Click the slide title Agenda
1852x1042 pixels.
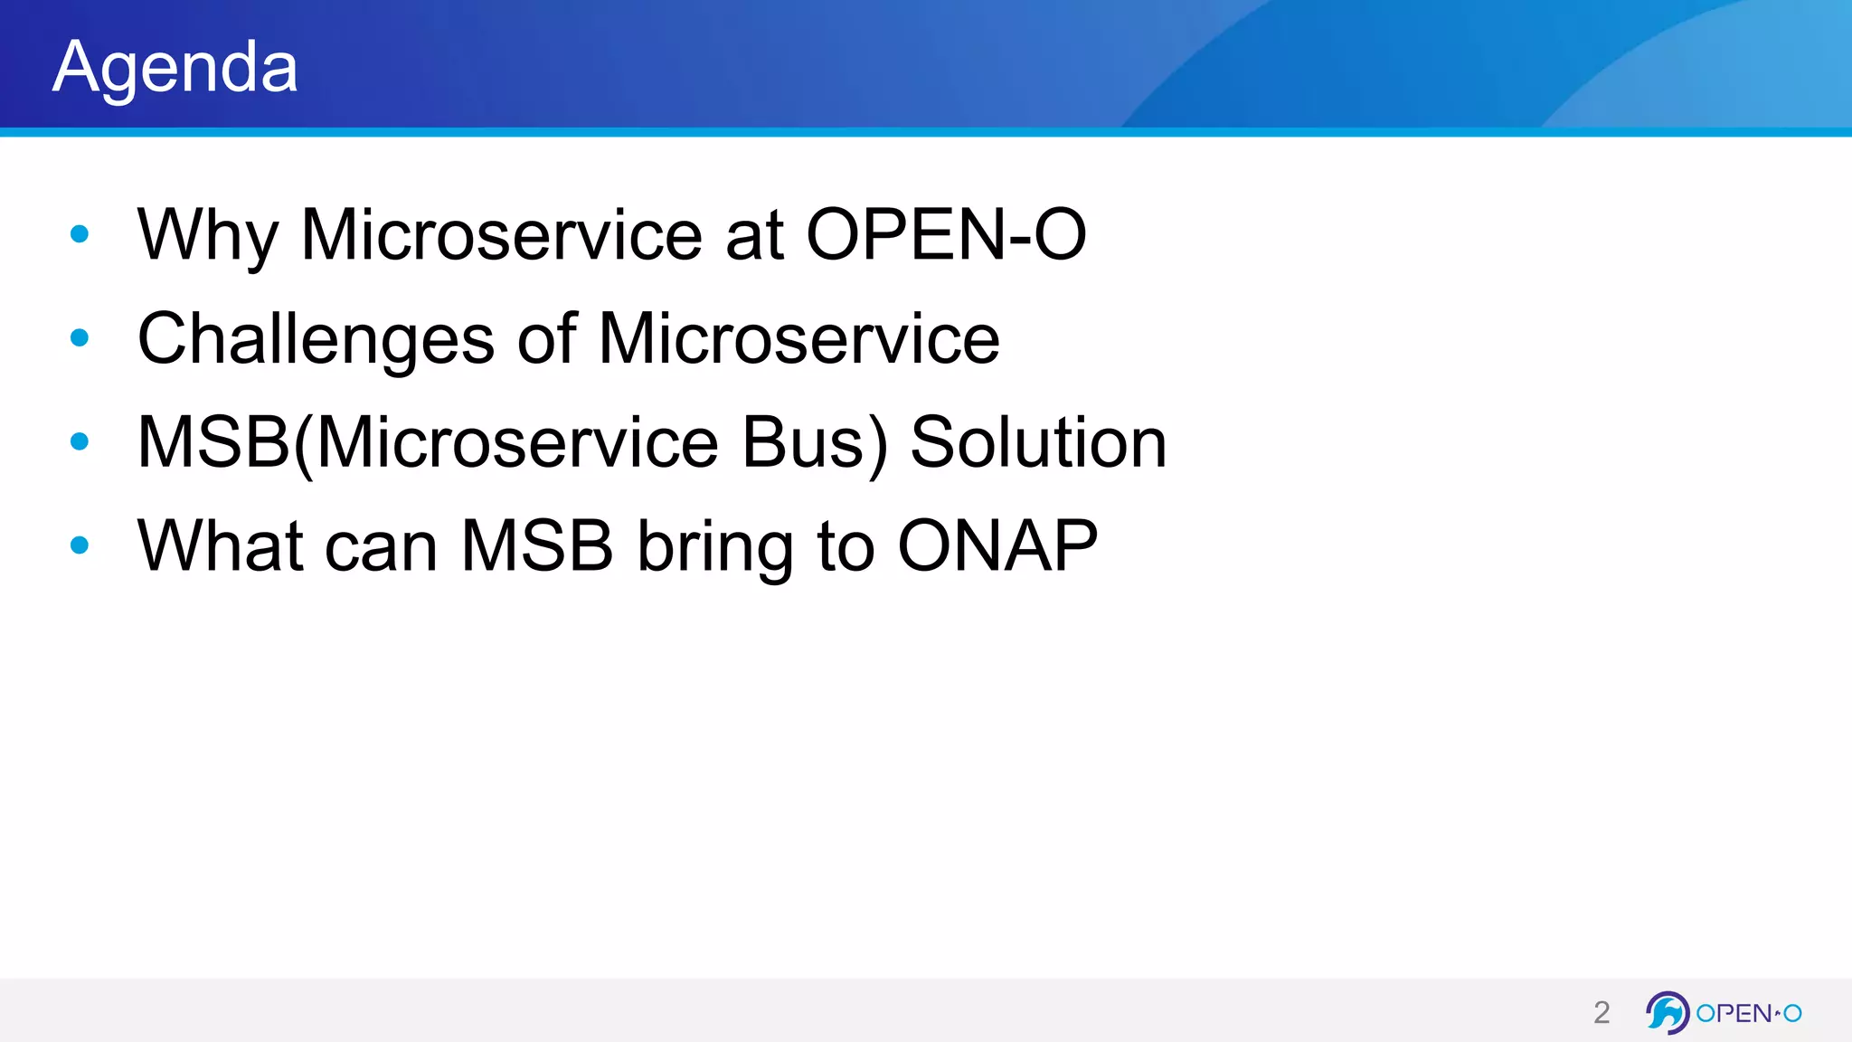tap(175, 67)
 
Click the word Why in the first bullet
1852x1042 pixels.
tap(207, 235)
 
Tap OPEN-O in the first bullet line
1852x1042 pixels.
tap(945, 235)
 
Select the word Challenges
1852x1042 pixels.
tap(316, 339)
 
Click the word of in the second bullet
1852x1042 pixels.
tap(546, 339)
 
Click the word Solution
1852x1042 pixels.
tap(1038, 443)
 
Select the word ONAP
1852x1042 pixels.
tap(997, 546)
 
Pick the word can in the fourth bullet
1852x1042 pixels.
tap(381, 546)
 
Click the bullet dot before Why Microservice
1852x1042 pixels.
tap(80, 234)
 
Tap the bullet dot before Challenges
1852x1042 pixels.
tap(80, 338)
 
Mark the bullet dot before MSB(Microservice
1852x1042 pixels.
tap(80, 441)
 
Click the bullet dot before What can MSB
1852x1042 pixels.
tap(80, 545)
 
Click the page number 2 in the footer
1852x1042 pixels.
tap(1602, 1012)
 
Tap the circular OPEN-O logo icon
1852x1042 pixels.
tap(1667, 1012)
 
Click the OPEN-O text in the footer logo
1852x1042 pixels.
tap(1748, 1013)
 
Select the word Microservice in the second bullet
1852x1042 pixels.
tap(798, 339)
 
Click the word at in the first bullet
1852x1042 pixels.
tap(753, 235)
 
